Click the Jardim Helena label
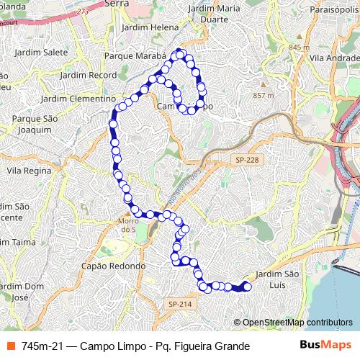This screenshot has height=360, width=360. [x=150, y=27]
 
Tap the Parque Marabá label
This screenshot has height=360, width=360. [x=135, y=55]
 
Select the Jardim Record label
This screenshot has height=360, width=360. [x=89, y=74]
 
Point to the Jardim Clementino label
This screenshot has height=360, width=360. [x=78, y=98]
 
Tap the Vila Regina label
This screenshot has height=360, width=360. [x=29, y=171]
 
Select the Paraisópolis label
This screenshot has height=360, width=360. [x=329, y=12]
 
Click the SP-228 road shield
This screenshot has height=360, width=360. [x=246, y=160]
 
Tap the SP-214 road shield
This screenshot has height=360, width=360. [x=180, y=305]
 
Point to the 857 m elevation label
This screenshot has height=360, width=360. [x=264, y=95]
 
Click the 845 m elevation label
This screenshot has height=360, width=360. [x=297, y=48]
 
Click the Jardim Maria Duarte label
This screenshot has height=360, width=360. [x=213, y=14]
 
